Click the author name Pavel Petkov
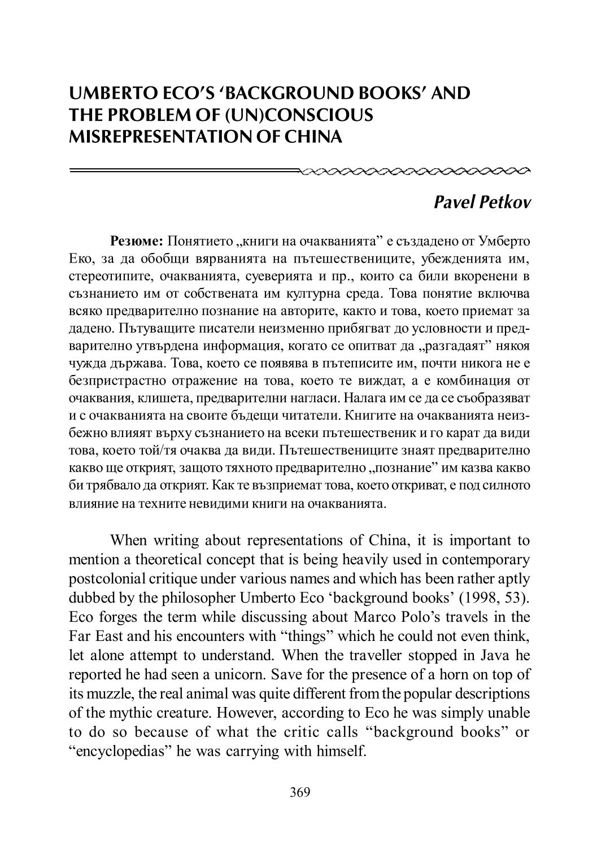482,202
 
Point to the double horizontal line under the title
184,169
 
